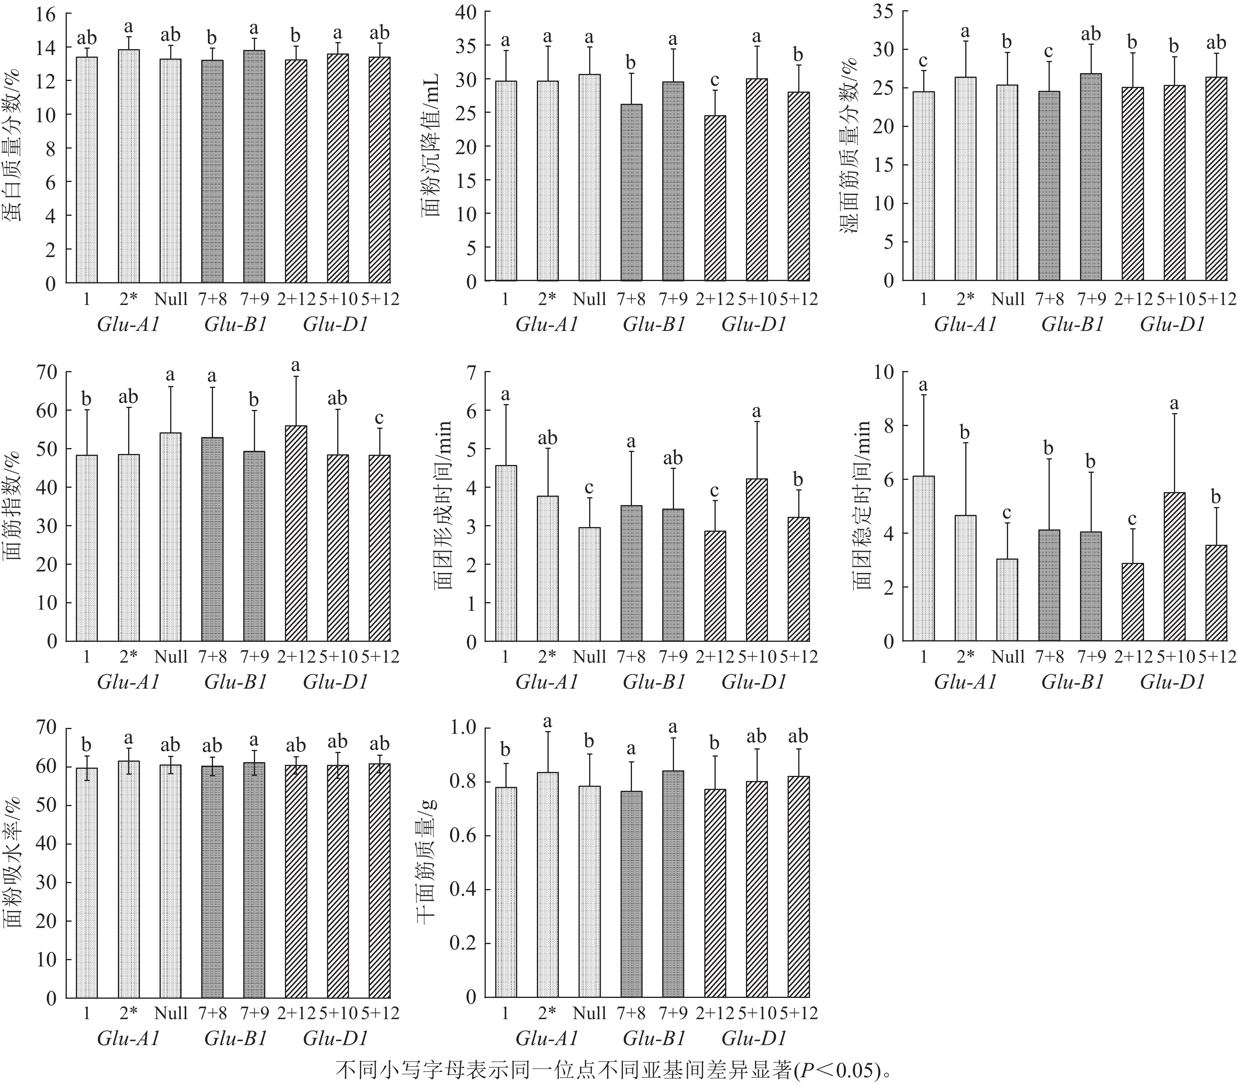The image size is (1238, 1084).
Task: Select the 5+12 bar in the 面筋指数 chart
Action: (x=379, y=548)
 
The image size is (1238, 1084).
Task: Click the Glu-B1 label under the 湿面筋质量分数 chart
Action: (x=1072, y=325)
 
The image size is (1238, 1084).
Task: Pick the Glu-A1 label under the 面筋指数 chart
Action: (x=128, y=682)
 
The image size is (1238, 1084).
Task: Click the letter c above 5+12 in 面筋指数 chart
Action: (x=379, y=417)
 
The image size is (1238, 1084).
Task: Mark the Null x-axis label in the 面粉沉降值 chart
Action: (x=589, y=299)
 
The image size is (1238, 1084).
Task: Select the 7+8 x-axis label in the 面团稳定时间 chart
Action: (x=1049, y=656)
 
